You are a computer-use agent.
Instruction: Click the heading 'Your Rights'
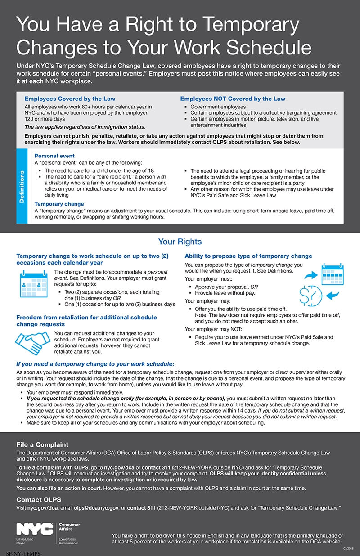pyautogui.click(x=180, y=242)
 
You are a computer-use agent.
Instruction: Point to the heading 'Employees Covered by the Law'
pyautogui.click(x=70, y=99)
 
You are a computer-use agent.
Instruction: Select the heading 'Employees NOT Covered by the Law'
pyautogui.click(x=233, y=99)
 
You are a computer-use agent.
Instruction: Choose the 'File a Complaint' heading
pyautogui.click(x=42, y=445)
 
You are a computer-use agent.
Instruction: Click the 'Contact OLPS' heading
pyautogui.click(x=39, y=499)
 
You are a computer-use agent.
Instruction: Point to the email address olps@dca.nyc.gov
pyautogui.click(x=96, y=508)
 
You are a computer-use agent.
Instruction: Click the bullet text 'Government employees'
pyautogui.click(x=211, y=107)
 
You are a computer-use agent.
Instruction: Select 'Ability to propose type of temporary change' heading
pyautogui.click(x=248, y=256)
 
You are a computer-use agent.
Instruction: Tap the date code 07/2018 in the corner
pyautogui.click(x=348, y=548)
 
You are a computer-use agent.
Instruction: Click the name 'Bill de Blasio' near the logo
pyautogui.click(x=25, y=538)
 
